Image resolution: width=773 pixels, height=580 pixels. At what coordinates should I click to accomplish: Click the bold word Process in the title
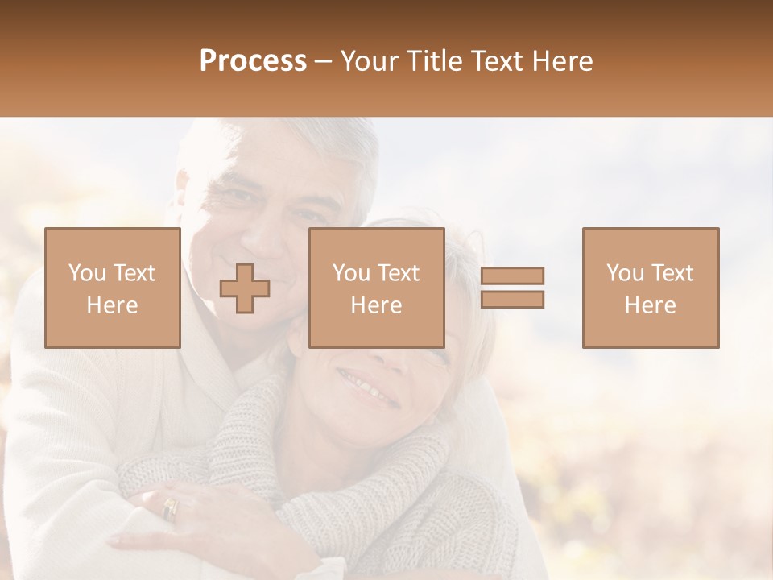point(253,61)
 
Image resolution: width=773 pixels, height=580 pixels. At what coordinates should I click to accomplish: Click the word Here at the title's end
point(562,61)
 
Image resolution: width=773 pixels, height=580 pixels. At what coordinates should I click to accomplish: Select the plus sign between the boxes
point(245,288)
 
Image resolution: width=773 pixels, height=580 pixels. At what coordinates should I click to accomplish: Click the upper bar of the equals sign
point(512,275)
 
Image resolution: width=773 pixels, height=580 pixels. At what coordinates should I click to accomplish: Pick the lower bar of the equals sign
point(512,300)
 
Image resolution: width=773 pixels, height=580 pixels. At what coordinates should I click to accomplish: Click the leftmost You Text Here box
point(112,288)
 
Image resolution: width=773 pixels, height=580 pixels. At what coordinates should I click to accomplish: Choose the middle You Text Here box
point(376,288)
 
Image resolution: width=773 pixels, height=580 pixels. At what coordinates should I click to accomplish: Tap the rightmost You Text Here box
point(650,288)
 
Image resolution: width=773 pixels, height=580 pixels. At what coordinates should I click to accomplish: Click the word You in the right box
point(624,274)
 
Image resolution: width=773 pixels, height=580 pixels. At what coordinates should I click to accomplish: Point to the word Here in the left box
point(112,305)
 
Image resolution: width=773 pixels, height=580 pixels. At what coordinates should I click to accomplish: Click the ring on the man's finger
point(170,507)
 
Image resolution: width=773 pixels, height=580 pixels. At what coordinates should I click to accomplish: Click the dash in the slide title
point(323,61)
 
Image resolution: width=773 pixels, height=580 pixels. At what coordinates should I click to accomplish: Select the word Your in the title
point(372,61)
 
